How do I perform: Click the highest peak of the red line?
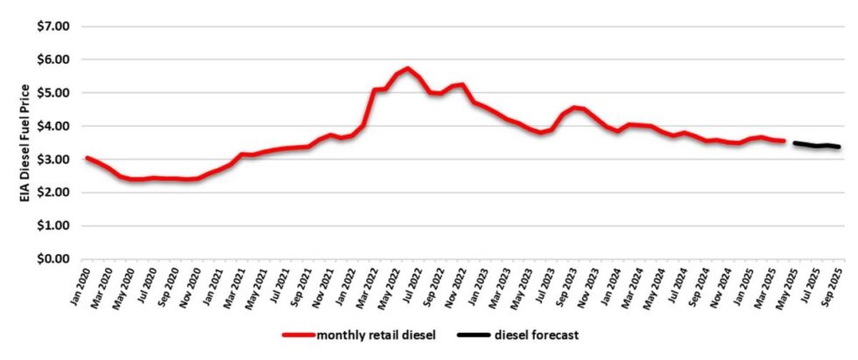point(408,68)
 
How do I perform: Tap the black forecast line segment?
point(819,145)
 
